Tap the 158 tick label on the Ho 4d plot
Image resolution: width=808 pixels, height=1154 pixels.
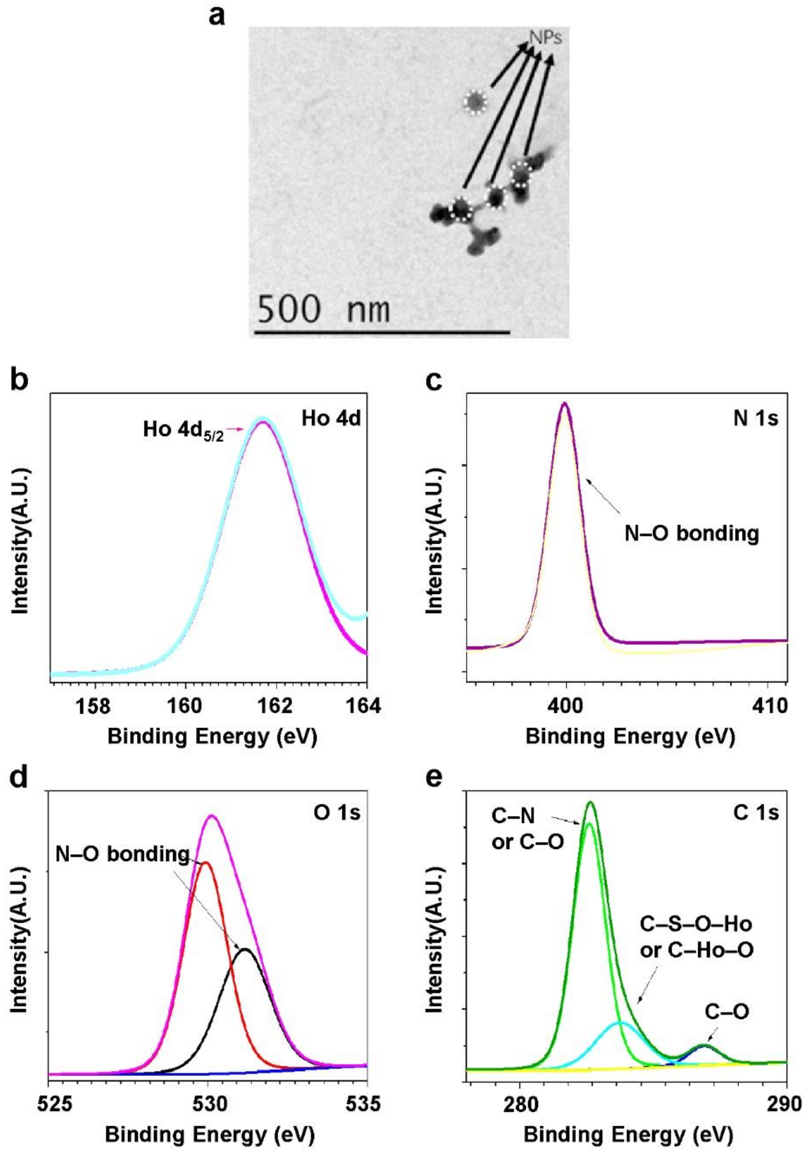95,706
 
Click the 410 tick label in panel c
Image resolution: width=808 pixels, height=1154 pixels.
767,706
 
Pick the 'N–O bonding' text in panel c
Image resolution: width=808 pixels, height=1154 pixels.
691,533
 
